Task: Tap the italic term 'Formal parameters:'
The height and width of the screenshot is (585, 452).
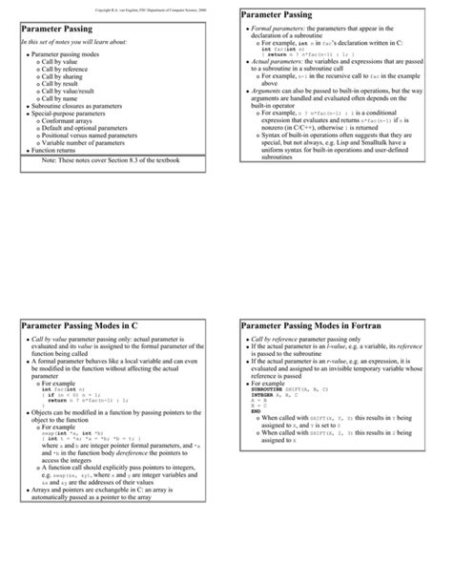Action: coord(275,30)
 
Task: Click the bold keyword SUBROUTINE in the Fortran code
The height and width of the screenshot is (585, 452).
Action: coord(269,390)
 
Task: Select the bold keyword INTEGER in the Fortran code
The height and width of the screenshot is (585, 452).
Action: coord(264,396)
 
